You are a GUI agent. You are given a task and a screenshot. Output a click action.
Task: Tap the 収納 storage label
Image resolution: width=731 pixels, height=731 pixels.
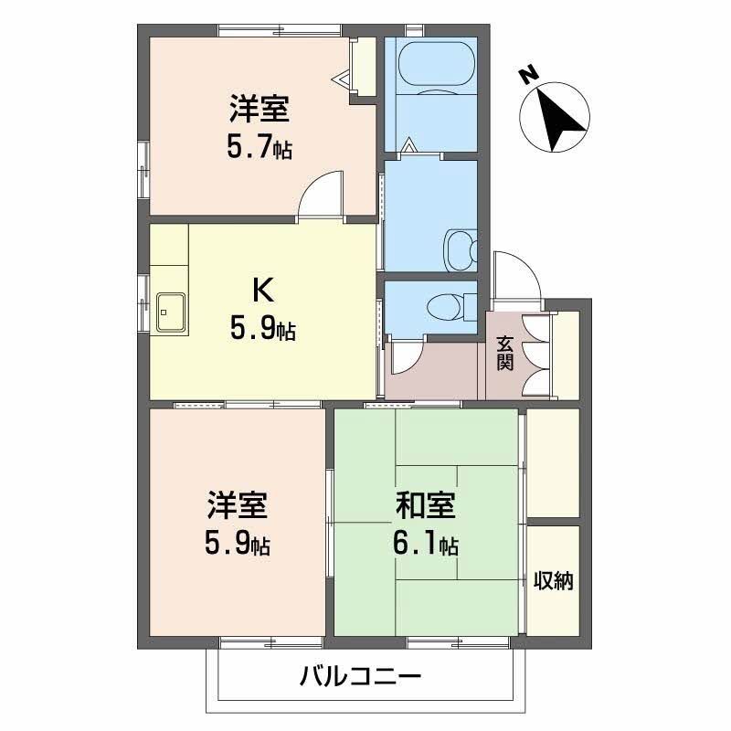554,580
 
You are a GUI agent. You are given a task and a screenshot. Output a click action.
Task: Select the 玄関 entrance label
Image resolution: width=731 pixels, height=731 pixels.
504,353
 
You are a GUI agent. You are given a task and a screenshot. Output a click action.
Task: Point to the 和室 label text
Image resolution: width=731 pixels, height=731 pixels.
426,506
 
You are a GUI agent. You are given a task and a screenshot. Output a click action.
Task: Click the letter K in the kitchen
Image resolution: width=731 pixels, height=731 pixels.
261,291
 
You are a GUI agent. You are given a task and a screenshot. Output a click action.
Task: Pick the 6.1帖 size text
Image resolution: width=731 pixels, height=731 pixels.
426,545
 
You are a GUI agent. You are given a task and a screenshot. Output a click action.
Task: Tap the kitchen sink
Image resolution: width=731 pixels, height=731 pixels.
170,313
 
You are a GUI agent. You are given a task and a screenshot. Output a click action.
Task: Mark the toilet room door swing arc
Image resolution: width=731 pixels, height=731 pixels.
405,357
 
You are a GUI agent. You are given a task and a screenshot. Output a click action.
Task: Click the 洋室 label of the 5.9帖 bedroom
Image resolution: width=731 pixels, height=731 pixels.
237,506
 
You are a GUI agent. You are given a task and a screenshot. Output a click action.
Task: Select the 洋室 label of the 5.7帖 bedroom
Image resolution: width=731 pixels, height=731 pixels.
260,110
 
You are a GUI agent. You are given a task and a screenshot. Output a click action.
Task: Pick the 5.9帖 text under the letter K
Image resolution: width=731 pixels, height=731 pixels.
261,329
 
